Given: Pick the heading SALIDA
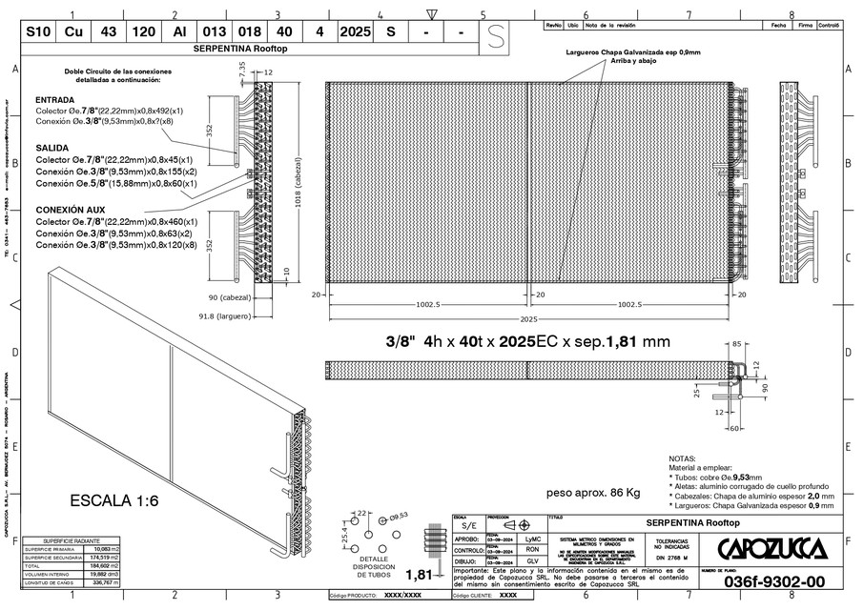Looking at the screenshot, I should pos(52,149).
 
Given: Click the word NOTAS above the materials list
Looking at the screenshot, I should pos(683,458).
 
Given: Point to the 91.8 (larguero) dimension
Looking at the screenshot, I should pos(223,315).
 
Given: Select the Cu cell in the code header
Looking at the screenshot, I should pos(73,30).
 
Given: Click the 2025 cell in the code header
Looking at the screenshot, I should pos(355,30).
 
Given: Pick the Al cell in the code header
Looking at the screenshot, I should pos(179,30).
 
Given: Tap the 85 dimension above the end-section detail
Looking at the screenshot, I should pos(737,343).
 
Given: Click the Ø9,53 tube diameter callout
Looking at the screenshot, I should pos(397,515).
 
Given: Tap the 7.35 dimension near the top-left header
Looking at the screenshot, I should pos(242,70).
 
